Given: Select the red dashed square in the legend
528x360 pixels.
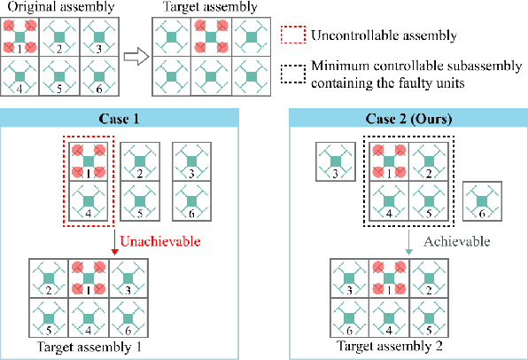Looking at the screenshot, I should (x=294, y=37).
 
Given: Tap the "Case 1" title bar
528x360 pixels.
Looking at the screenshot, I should (x=123, y=118).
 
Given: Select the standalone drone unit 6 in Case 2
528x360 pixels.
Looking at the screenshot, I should (x=480, y=200).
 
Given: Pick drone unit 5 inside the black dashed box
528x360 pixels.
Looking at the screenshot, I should (x=426, y=200).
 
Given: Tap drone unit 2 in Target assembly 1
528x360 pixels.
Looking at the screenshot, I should (x=50, y=278).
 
